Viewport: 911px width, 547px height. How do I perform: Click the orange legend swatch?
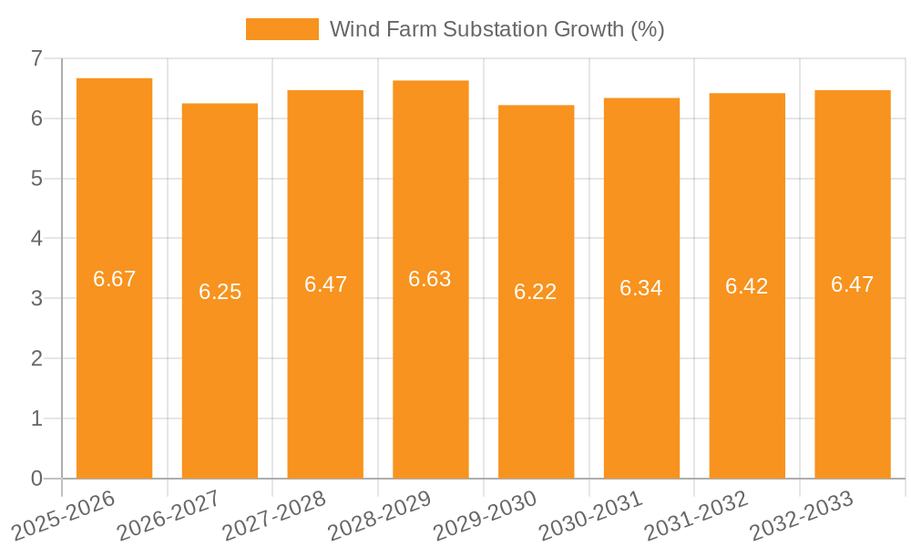282,29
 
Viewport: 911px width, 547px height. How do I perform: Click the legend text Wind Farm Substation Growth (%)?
496,29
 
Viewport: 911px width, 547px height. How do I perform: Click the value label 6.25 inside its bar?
220,292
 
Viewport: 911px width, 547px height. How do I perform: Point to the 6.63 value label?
430,280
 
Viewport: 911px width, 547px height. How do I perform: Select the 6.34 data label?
641,288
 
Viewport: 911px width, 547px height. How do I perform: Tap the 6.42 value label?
747,286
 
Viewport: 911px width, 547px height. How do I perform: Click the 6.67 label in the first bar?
114,279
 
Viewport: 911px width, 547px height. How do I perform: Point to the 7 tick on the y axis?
36,58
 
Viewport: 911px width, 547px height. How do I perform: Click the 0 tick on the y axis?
36,479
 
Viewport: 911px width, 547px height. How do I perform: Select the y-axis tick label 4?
36,239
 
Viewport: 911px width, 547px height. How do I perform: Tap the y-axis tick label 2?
36,358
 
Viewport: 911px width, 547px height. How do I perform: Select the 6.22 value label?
536,292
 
